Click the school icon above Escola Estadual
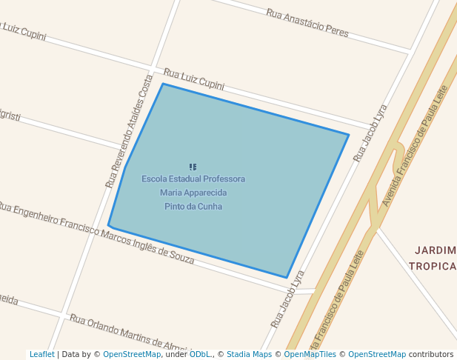pos(193,167)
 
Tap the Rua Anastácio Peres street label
pos(307,23)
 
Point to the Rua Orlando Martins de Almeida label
pos(130,333)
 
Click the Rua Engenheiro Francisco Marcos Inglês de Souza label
pos(96,233)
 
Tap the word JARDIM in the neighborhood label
pos(436,250)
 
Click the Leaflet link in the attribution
pos(41,355)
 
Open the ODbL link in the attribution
pos(199,355)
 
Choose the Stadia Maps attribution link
pos(249,355)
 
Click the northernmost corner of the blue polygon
pos(163,84)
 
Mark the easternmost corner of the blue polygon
pos(348,135)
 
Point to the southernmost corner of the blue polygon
pos(287,278)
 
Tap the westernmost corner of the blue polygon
pos(108,225)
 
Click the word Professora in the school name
pos(221,179)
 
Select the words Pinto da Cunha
pos(193,207)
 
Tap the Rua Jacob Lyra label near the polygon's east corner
pos(370,133)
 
